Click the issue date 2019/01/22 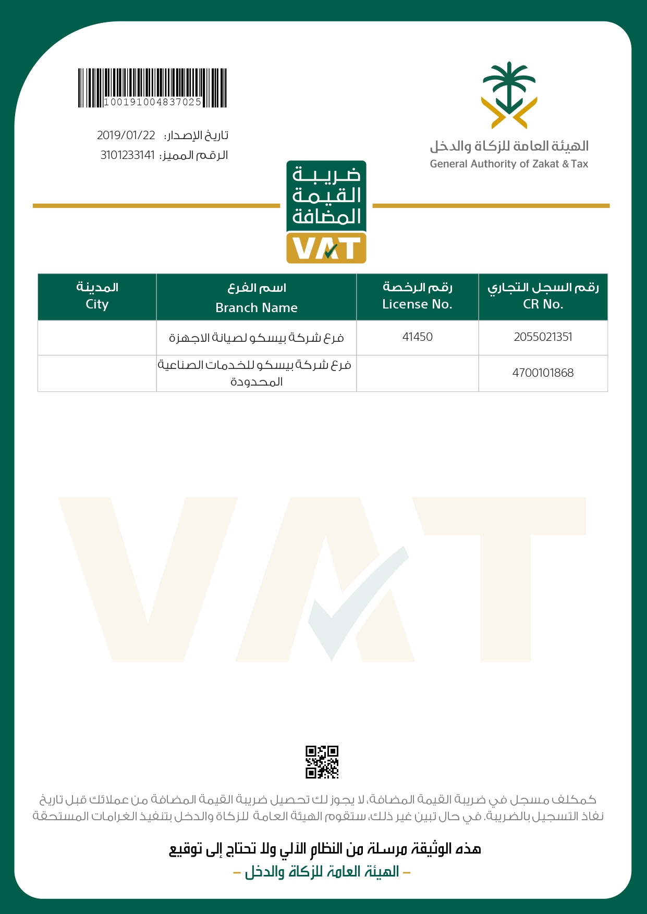[x=126, y=135]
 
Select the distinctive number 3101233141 [x=128, y=155]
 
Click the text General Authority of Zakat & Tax [x=509, y=164]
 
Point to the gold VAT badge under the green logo [x=326, y=248]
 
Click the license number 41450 [x=417, y=337]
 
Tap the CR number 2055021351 [x=543, y=337]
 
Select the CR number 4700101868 [x=543, y=373]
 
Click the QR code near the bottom [x=322, y=762]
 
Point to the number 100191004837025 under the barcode [x=152, y=102]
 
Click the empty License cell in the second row [x=417, y=373]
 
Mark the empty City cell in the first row [x=97, y=338]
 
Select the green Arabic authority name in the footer [x=322, y=872]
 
